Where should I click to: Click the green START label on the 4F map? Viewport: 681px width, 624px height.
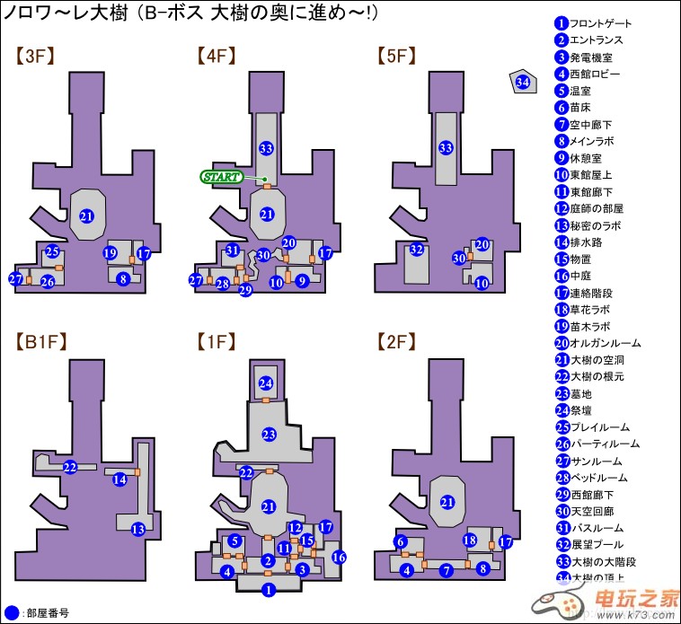(222, 177)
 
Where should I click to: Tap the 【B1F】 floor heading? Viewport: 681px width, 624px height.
(41, 341)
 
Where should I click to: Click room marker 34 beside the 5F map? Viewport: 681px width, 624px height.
(523, 83)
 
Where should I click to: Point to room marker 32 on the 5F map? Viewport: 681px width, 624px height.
(416, 249)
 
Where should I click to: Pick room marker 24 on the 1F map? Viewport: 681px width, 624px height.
(266, 383)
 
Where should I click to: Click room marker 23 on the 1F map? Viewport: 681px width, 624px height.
(268, 435)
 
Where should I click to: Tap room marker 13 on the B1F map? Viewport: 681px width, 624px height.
(137, 529)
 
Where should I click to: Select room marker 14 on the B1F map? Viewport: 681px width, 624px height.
(119, 480)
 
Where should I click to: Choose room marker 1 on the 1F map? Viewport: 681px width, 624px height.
(267, 590)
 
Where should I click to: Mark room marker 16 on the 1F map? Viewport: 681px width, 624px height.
(338, 557)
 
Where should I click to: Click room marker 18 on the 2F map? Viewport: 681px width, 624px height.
(469, 540)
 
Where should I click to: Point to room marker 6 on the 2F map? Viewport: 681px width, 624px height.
(401, 541)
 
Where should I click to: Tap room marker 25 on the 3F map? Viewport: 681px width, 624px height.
(52, 251)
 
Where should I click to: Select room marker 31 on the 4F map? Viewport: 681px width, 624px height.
(233, 250)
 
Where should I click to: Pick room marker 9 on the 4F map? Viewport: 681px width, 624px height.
(302, 281)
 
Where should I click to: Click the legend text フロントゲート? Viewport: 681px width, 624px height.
(601, 23)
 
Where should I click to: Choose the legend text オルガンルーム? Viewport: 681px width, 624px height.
(606, 342)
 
